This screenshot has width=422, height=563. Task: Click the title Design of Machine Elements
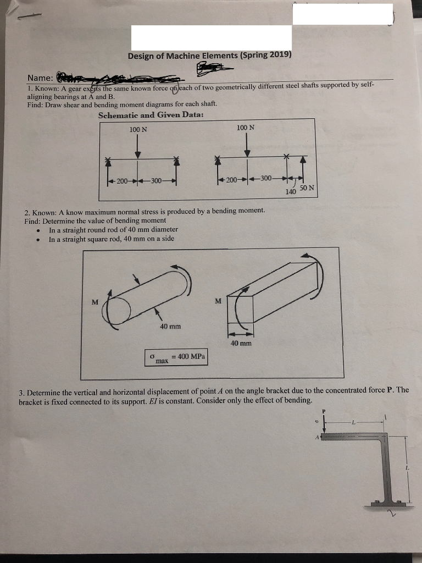click(x=209, y=56)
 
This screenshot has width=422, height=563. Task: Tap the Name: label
click(x=41, y=78)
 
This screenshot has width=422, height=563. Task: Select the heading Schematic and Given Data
click(x=151, y=115)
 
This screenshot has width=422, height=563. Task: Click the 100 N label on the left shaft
click(x=138, y=129)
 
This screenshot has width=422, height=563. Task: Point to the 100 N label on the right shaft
click(x=246, y=128)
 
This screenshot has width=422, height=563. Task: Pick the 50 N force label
click(x=307, y=188)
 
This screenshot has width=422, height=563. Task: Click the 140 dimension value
click(x=291, y=192)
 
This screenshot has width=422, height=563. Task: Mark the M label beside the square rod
click(x=218, y=301)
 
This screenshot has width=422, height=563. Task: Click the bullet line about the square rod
click(x=113, y=239)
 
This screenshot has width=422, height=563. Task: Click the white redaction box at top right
click(x=342, y=14)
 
